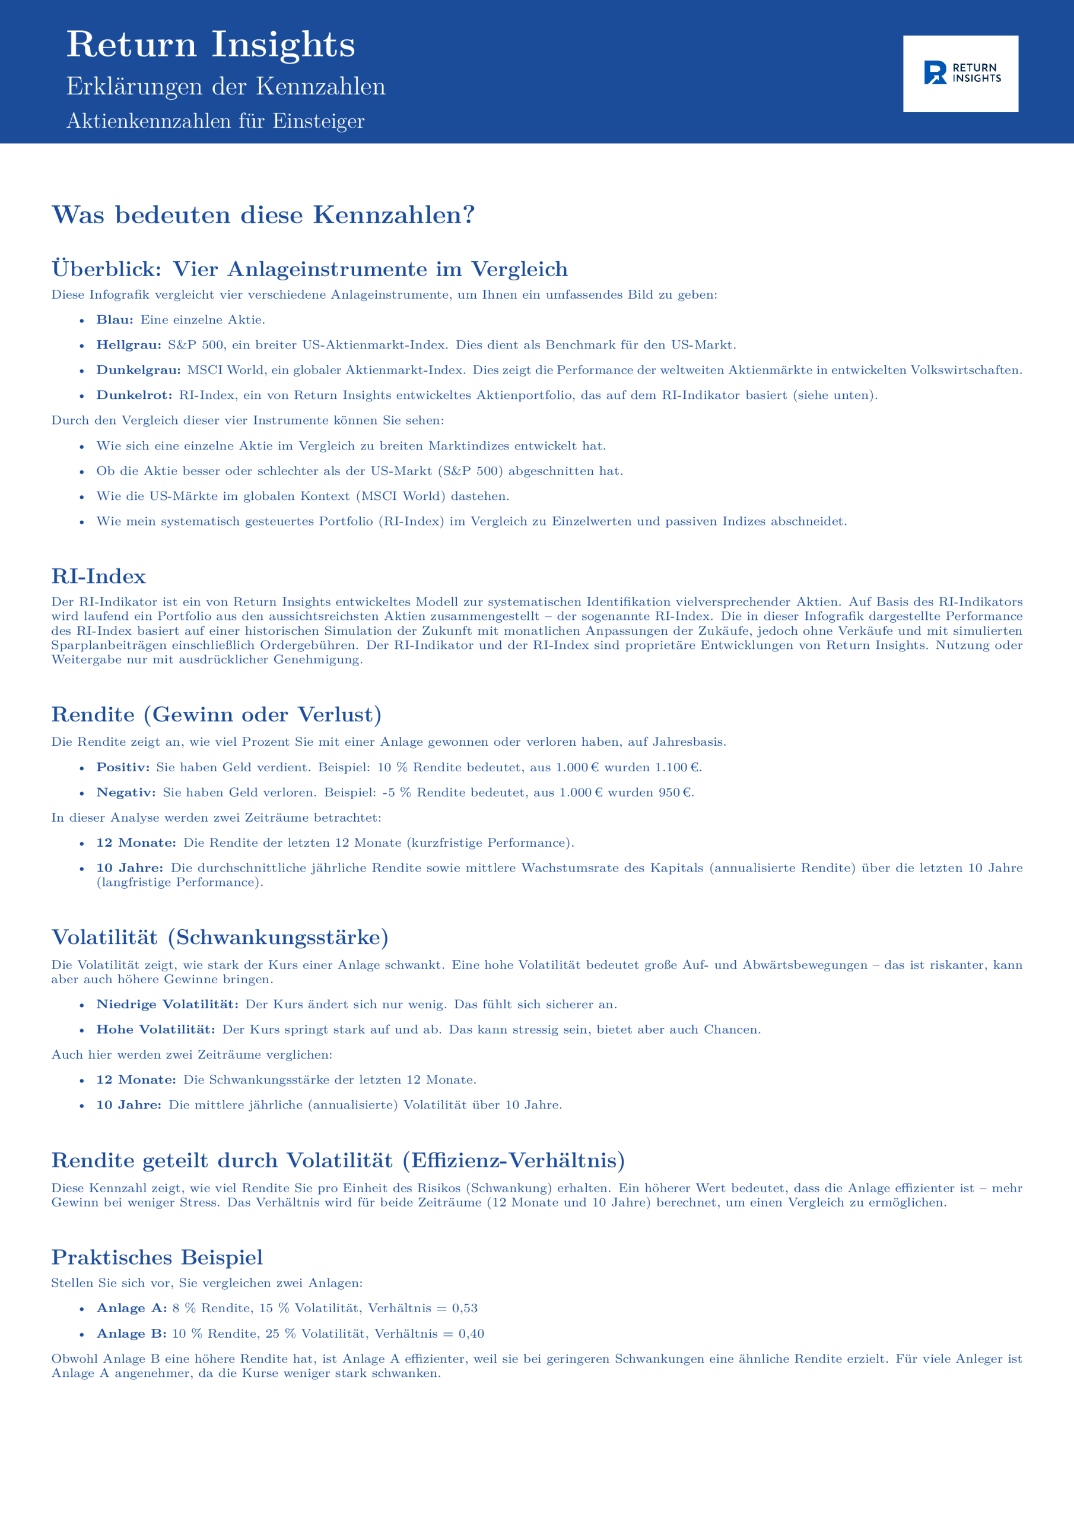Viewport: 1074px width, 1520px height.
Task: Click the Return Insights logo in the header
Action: click(x=960, y=74)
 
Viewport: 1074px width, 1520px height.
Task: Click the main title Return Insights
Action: click(x=211, y=45)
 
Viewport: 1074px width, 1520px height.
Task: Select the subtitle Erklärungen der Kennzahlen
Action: click(x=225, y=87)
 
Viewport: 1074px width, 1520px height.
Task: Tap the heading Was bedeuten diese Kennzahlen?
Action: click(x=263, y=215)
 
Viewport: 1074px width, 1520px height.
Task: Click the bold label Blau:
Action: click(x=115, y=320)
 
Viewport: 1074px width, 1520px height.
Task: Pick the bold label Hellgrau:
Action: click(x=128, y=345)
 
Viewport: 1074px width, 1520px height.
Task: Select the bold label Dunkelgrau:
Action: click(x=138, y=370)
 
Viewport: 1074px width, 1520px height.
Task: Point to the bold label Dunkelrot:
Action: click(x=134, y=395)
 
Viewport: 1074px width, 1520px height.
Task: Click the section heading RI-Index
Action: click(x=98, y=577)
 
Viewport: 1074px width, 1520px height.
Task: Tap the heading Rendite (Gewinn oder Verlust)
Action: click(x=217, y=715)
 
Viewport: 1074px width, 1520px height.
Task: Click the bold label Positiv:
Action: click(x=123, y=767)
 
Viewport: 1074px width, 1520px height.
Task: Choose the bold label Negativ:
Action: click(x=126, y=793)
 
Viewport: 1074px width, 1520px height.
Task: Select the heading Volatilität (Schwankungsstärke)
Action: click(x=220, y=938)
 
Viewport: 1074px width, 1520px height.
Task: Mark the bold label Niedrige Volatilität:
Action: click(x=167, y=1004)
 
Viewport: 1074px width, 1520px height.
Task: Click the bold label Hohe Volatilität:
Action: click(x=155, y=1030)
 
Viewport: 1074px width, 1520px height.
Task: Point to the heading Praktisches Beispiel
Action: click(x=157, y=1257)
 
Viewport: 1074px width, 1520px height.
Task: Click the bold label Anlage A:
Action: click(x=131, y=1308)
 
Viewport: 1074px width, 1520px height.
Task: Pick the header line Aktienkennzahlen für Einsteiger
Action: click(x=215, y=121)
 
